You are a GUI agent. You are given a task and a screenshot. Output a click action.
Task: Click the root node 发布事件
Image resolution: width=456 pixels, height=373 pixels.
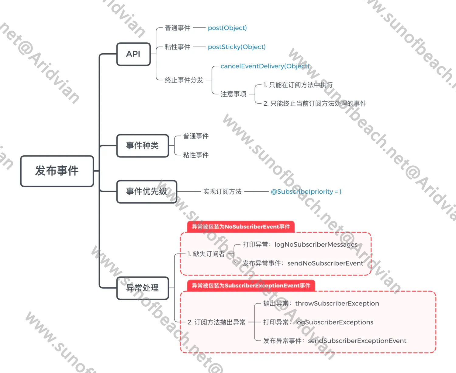57,171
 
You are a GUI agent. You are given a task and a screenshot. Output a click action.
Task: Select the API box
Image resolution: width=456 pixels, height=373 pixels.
133,54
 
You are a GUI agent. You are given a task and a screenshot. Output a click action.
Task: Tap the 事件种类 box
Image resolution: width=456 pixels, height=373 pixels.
143,146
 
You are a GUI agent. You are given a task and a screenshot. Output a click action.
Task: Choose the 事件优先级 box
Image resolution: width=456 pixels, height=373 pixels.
147,192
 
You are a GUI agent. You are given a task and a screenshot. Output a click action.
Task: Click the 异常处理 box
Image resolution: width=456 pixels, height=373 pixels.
143,288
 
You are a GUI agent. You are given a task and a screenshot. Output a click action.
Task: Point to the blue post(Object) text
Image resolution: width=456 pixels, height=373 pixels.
227,28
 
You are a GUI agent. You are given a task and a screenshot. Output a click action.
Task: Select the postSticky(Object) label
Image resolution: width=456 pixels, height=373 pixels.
237,47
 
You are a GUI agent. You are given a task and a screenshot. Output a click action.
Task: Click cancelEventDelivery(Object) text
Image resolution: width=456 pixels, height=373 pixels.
264,66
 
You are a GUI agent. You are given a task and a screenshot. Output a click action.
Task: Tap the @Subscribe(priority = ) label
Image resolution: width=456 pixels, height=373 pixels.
306,192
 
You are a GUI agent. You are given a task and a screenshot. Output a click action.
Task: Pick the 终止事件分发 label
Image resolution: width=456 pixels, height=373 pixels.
184,80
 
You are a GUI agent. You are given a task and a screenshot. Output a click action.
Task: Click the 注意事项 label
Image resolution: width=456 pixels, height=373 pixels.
233,94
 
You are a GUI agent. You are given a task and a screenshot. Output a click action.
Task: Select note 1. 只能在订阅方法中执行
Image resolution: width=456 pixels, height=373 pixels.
298,85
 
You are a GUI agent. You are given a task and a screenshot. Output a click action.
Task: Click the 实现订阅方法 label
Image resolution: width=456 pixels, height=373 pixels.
222,192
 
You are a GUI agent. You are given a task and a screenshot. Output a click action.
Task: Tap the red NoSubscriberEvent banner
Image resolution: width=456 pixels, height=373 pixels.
241,227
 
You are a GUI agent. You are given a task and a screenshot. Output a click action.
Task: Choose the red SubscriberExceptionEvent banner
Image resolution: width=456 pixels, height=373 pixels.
251,286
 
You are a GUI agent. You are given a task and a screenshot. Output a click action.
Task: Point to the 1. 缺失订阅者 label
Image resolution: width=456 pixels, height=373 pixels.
206,254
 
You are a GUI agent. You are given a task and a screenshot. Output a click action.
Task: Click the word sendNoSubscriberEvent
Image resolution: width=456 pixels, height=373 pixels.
325,263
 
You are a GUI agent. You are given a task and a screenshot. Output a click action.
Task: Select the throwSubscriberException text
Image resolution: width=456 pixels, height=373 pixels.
337,304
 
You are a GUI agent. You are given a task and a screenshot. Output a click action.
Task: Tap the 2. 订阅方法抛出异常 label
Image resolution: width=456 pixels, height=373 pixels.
216,322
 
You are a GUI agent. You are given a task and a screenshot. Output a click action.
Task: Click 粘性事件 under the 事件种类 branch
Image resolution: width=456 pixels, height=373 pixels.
196,155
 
